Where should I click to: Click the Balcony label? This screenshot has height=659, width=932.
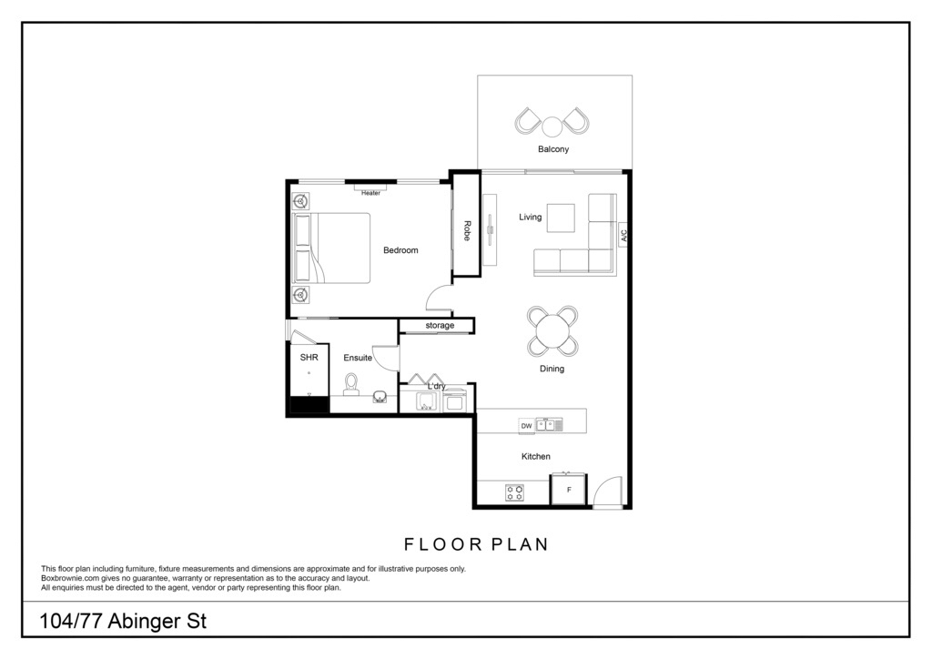pyautogui.click(x=553, y=149)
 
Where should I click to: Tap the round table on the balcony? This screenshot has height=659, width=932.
pyautogui.click(x=552, y=126)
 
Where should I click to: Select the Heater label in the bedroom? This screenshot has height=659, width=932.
pyautogui.click(x=371, y=193)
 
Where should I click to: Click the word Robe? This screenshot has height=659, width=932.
pyautogui.click(x=467, y=230)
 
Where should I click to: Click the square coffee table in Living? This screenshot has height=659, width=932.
pyautogui.click(x=561, y=218)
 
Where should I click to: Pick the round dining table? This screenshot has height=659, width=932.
pyautogui.click(x=552, y=331)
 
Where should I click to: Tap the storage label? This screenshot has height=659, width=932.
pyautogui.click(x=440, y=326)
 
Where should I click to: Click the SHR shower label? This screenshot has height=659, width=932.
pyautogui.click(x=309, y=357)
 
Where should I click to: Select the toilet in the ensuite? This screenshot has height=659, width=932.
pyautogui.click(x=351, y=384)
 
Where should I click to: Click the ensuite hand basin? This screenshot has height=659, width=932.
pyautogui.click(x=380, y=396)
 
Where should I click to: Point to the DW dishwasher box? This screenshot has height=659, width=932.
pyautogui.click(x=527, y=425)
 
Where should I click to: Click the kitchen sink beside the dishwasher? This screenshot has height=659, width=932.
pyautogui.click(x=549, y=425)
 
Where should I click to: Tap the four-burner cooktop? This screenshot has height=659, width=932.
pyautogui.click(x=515, y=492)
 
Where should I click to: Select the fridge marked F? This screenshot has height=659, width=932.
pyautogui.click(x=569, y=490)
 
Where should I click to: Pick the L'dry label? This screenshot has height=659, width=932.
pyautogui.click(x=437, y=386)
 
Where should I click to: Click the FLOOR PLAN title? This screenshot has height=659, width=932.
pyautogui.click(x=476, y=544)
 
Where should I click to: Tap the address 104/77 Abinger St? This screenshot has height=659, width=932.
pyautogui.click(x=123, y=622)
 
